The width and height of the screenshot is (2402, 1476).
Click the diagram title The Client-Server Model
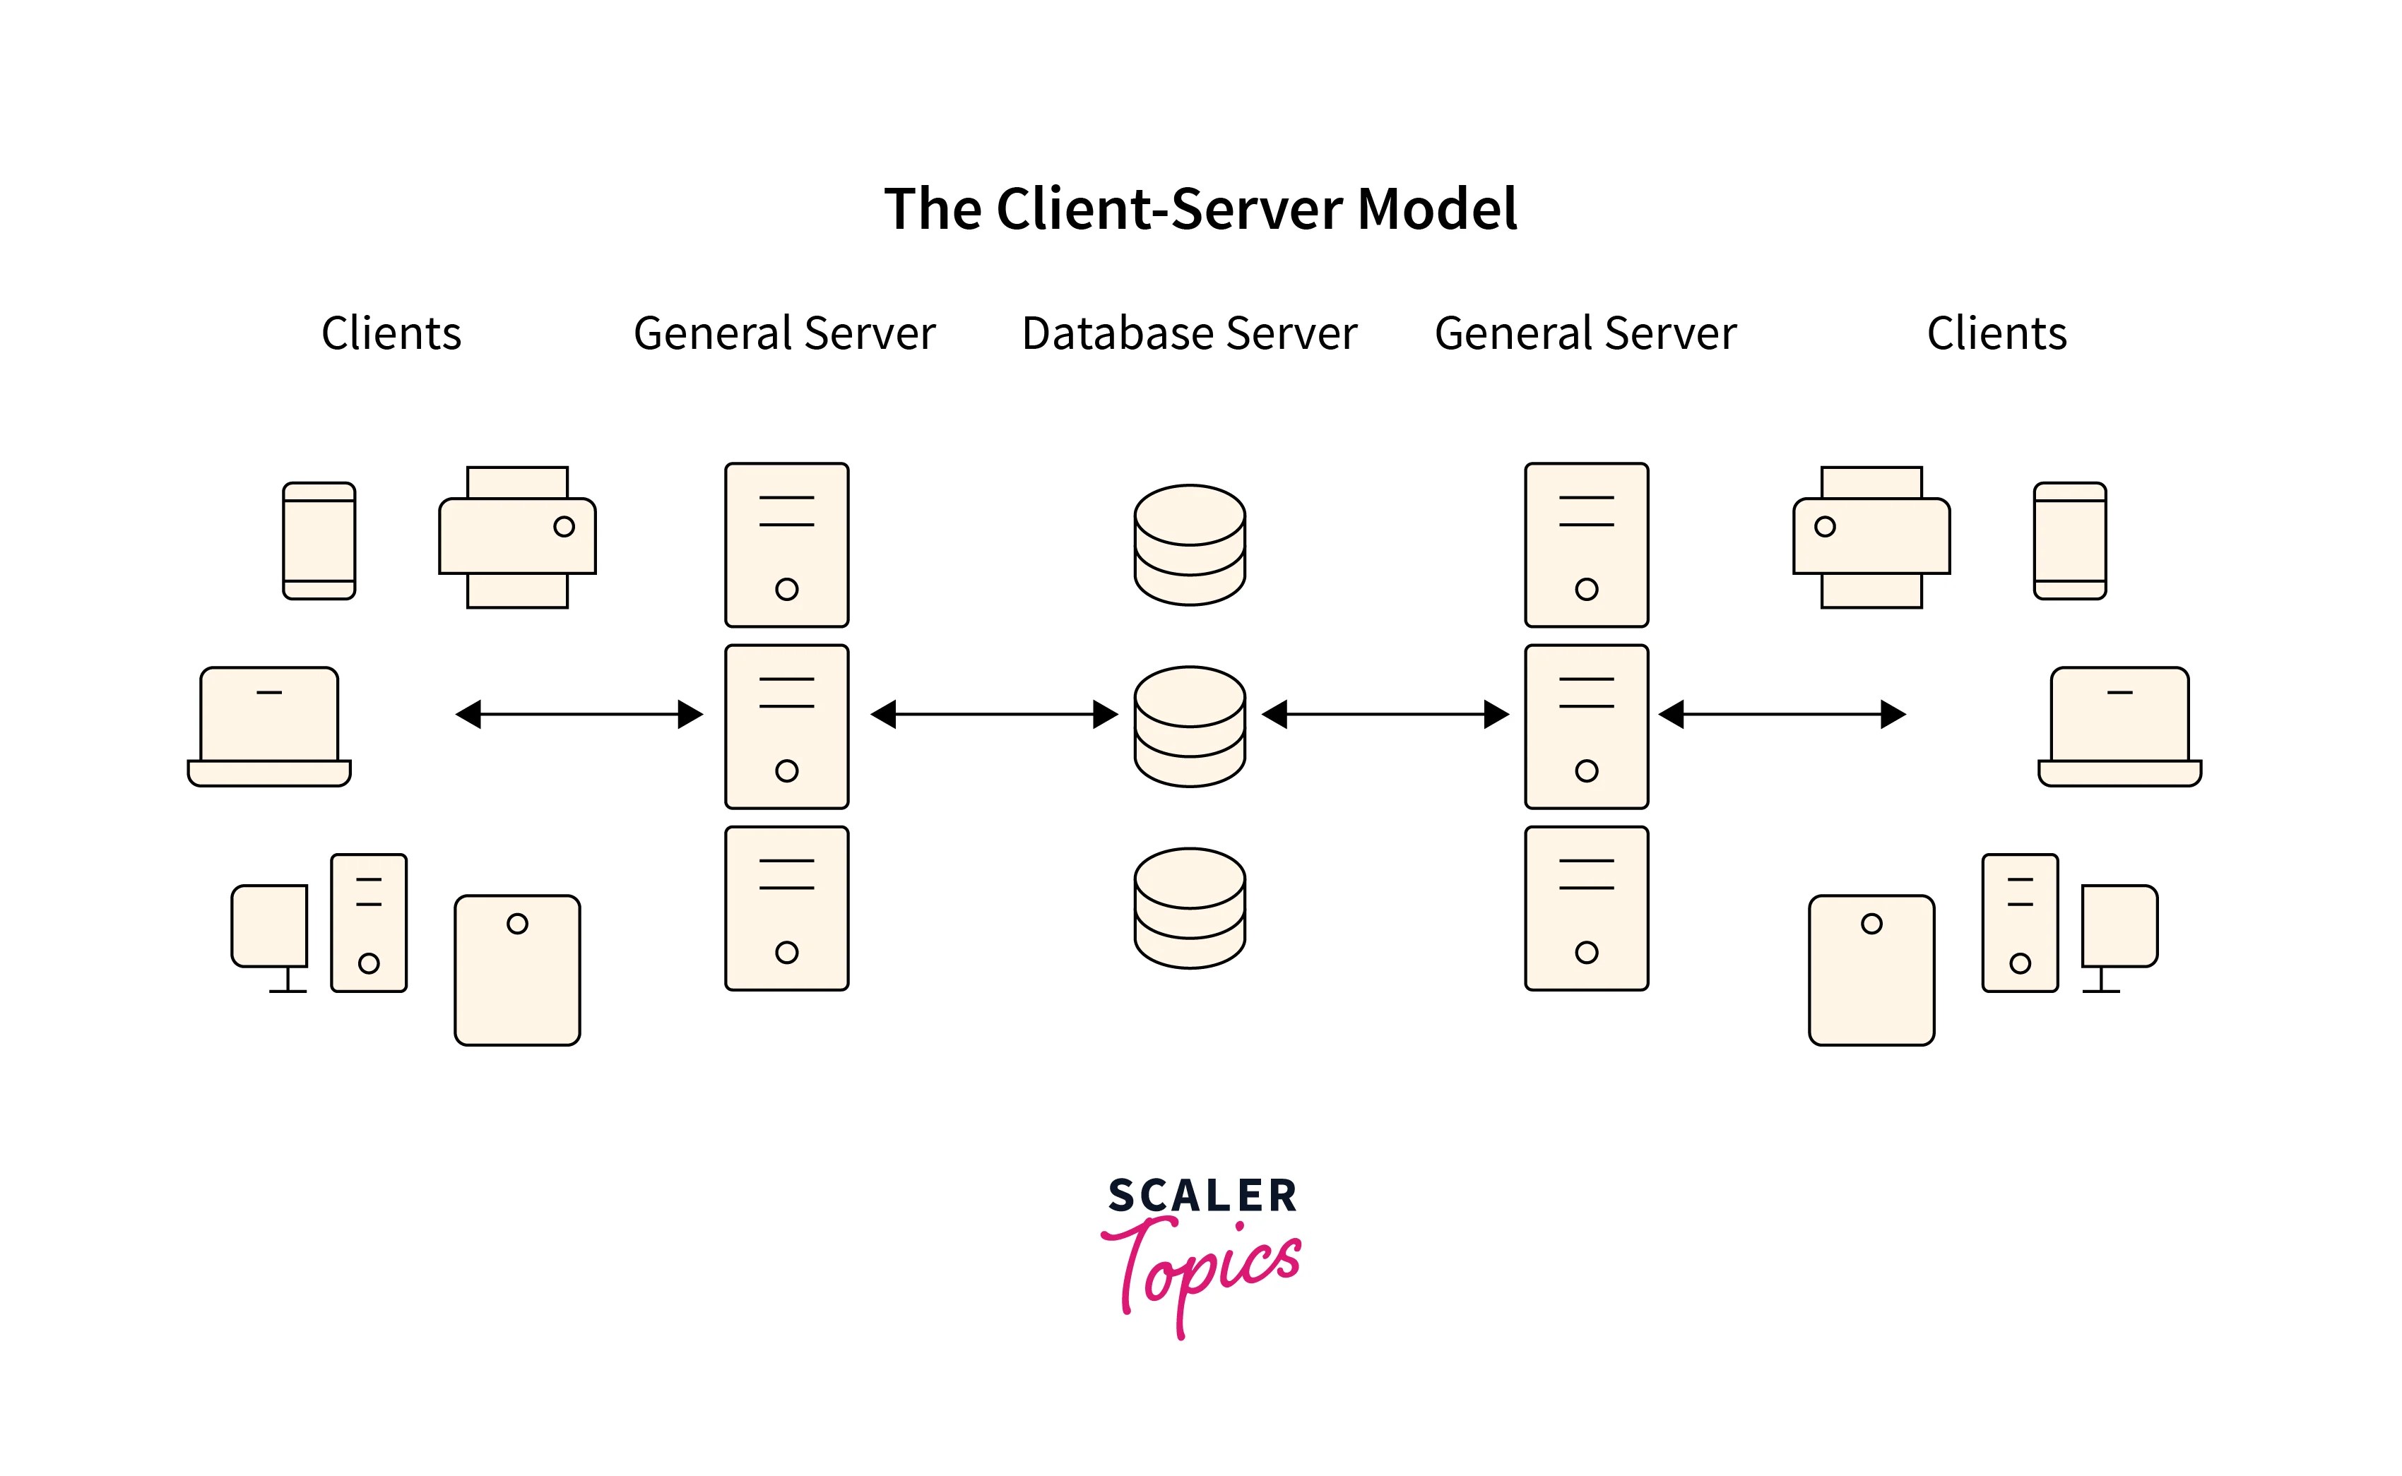[x=1200, y=209]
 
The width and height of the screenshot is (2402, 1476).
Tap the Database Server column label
[x=1188, y=334]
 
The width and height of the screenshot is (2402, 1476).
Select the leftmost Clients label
[x=391, y=334]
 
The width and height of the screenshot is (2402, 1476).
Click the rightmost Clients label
[x=1996, y=334]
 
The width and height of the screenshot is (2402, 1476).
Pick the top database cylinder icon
[x=1189, y=544]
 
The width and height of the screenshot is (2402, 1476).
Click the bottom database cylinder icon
[x=1189, y=908]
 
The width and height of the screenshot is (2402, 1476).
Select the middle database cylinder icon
[x=1189, y=726]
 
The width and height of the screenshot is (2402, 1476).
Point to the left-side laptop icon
[x=268, y=726]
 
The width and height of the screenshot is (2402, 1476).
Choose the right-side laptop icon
[x=2119, y=726]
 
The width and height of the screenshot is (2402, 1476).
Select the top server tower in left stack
[x=786, y=544]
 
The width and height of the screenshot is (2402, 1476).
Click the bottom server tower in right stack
[x=1586, y=908]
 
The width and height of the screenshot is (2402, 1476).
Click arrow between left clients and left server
[x=579, y=715]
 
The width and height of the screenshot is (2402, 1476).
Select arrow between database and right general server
[x=1385, y=715]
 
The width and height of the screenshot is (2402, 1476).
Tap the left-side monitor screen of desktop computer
[x=269, y=925]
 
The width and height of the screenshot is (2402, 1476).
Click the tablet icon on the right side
[x=1871, y=970]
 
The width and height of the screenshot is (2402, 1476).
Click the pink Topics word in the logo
[x=1201, y=1269]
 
